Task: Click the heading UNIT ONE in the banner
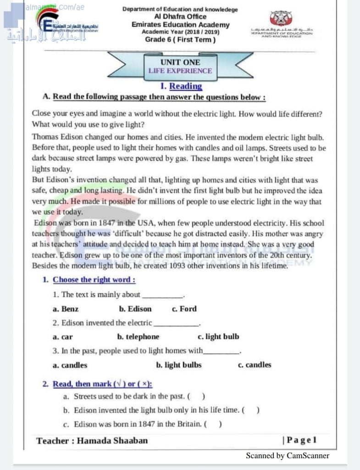pyautogui.click(x=180, y=62)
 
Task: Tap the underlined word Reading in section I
pyautogui.click(x=185, y=86)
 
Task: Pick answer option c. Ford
pyautogui.click(x=184, y=309)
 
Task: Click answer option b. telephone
pyautogui.click(x=138, y=336)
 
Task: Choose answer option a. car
pyautogui.click(x=63, y=336)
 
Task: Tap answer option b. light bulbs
pyautogui.click(x=179, y=365)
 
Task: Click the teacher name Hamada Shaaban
pyautogui.click(x=112, y=441)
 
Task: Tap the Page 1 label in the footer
pyautogui.click(x=300, y=440)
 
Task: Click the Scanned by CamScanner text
pyautogui.click(x=288, y=455)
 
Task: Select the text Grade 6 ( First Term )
pyautogui.click(x=180, y=39)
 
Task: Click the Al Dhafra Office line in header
pyautogui.click(x=180, y=17)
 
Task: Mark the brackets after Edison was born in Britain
pyautogui.click(x=213, y=424)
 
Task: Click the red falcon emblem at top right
pyautogui.click(x=279, y=18)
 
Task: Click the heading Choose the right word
pyautogui.click(x=94, y=280)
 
